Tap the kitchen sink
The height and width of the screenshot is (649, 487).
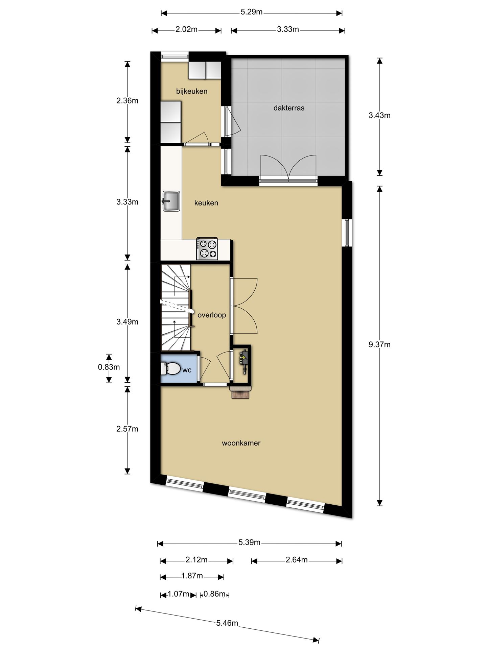click(171, 201)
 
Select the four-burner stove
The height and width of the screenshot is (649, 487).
click(207, 249)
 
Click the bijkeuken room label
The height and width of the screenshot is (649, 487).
click(192, 91)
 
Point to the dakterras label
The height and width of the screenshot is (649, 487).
click(289, 108)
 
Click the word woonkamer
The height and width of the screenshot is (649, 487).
click(241, 443)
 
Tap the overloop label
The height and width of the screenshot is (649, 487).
click(212, 315)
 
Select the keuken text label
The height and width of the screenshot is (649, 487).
click(206, 203)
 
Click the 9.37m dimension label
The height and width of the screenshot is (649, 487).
click(379, 344)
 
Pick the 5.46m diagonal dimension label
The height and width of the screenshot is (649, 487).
click(227, 623)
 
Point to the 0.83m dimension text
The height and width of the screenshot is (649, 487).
click(109, 367)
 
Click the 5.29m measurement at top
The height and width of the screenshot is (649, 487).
click(252, 12)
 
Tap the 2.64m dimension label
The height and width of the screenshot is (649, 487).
click(297, 560)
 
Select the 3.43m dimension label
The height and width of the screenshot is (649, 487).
click(379, 115)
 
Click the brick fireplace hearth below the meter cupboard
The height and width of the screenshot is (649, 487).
click(241, 393)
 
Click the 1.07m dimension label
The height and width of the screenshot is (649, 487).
click(179, 594)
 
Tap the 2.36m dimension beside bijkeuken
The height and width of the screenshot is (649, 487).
click(127, 101)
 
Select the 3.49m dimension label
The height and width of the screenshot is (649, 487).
click(127, 322)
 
